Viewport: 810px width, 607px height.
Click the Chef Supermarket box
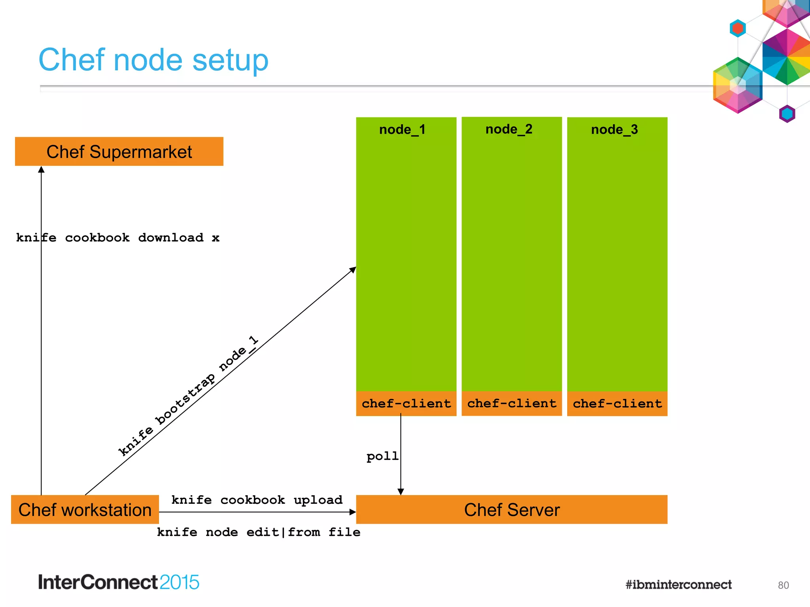tap(119, 152)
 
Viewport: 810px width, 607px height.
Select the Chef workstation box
tap(85, 510)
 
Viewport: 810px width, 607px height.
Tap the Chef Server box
tap(512, 510)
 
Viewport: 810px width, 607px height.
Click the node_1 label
tap(402, 130)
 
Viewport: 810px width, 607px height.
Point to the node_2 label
tap(509, 129)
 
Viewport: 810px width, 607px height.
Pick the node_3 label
tap(615, 130)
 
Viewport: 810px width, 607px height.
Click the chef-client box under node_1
tap(406, 403)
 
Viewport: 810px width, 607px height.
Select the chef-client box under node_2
tap(512, 403)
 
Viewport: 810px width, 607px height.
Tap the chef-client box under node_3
tap(617, 403)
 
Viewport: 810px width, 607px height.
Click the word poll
tap(382, 456)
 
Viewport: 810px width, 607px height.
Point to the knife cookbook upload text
tap(257, 500)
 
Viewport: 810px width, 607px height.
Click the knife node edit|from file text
tap(259, 532)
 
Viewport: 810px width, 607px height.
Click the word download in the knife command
tap(171, 238)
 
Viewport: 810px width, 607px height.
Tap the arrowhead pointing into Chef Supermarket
tap(41, 170)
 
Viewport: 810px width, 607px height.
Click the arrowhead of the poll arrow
tap(401, 492)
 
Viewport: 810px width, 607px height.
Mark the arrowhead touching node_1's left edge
tap(353, 270)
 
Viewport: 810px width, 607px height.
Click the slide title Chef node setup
tap(153, 60)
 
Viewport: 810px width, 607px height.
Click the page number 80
tap(783, 585)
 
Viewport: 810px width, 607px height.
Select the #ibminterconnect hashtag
tap(678, 584)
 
